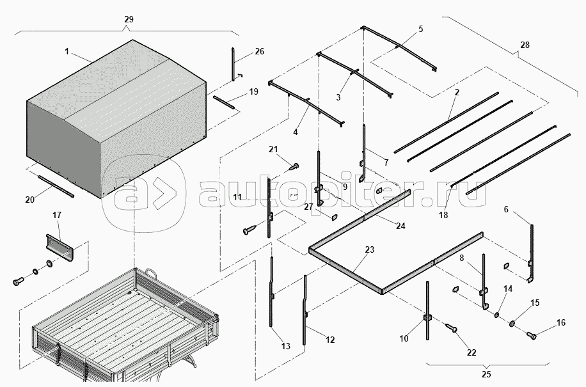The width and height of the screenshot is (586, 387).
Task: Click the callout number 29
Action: tap(128, 20)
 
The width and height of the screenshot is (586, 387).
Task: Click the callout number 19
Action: tap(253, 91)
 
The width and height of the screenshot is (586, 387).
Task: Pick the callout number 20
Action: tap(29, 200)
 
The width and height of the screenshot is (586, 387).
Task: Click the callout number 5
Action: tap(420, 29)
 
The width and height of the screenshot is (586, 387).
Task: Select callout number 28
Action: tap(525, 45)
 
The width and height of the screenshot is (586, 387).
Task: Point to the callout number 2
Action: tap(457, 93)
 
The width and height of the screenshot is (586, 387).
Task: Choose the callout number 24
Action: tap(400, 226)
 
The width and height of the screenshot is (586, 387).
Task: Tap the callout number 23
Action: tap(370, 250)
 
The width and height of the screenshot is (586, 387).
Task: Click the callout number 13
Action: tap(285, 346)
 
